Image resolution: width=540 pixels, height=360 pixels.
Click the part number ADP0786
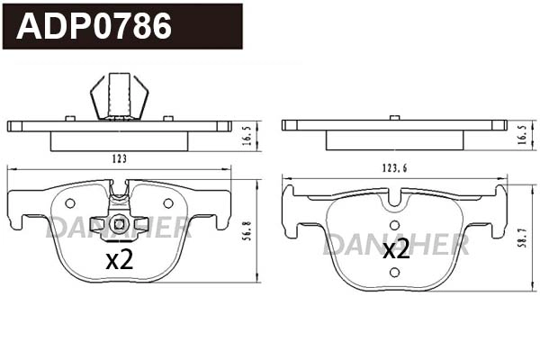pyautogui.click(x=94, y=26)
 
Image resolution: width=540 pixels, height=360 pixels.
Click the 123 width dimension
pyautogui.click(x=119, y=158)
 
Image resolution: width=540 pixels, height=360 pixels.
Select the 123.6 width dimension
pyautogui.click(x=395, y=166)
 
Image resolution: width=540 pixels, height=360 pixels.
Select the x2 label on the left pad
pyautogui.click(x=119, y=261)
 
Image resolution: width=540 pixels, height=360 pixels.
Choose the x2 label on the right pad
pyautogui.click(x=396, y=248)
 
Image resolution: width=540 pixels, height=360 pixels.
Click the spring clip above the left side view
pyautogui.click(x=119, y=95)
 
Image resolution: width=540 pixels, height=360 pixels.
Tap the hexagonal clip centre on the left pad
pyautogui.click(x=119, y=224)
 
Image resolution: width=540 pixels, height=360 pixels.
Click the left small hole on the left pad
pyautogui.click(x=71, y=203)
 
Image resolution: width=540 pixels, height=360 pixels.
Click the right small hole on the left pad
pyautogui.click(x=167, y=203)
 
